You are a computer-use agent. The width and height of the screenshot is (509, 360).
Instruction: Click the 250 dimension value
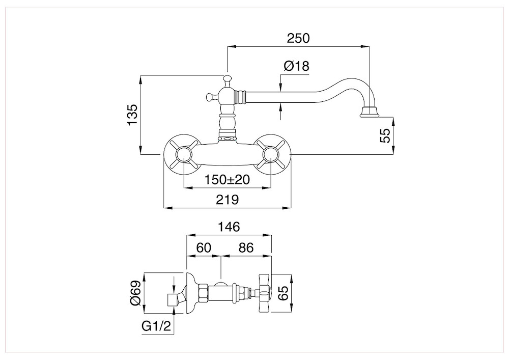pyautogui.click(x=298, y=38)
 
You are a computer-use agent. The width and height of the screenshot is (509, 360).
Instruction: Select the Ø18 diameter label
pyautogui.click(x=296, y=66)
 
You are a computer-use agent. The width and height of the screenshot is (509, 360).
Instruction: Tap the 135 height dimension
pyautogui.click(x=132, y=115)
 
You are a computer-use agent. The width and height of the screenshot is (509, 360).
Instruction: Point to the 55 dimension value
pyautogui.click(x=385, y=135)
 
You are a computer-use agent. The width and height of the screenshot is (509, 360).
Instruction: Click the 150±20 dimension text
pyautogui.click(x=227, y=179)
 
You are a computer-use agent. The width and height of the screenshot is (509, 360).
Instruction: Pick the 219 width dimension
pyautogui.click(x=227, y=199)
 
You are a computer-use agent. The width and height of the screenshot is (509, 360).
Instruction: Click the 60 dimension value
pyautogui.click(x=204, y=248)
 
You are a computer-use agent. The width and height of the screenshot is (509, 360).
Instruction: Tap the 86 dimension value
pyautogui.click(x=245, y=248)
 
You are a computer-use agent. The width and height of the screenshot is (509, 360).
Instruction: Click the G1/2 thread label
pyautogui.click(x=156, y=326)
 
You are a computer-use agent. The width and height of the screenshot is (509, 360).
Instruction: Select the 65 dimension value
pyautogui.click(x=283, y=293)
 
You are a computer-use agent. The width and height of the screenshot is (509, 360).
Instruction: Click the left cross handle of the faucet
pyautogui.click(x=184, y=154)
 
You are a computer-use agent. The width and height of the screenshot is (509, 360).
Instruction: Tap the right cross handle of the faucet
pyautogui.click(x=271, y=154)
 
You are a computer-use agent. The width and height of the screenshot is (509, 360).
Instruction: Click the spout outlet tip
pyautogui.click(x=370, y=112)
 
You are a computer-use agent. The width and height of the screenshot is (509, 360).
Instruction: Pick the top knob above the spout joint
pyautogui.click(x=227, y=79)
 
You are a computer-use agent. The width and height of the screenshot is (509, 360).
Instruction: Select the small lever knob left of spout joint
pyautogui.click(x=211, y=96)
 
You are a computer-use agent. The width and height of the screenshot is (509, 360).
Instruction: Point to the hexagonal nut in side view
pyautogui.click(x=203, y=293)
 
